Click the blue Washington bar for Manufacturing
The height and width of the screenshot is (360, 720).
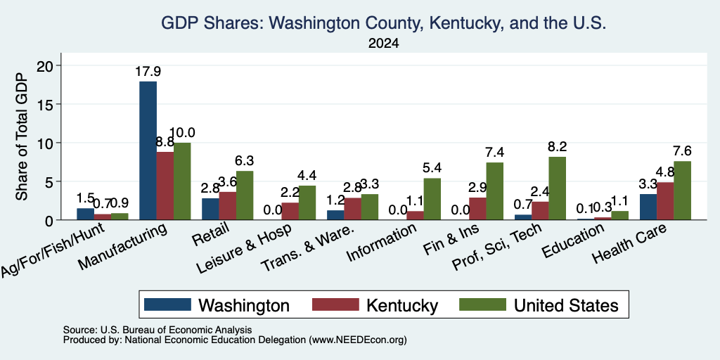[x=148, y=150]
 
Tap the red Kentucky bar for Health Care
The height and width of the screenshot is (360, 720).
[x=665, y=201]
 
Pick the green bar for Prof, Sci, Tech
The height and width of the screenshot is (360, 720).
[x=557, y=188]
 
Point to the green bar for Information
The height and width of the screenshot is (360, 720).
[x=432, y=199]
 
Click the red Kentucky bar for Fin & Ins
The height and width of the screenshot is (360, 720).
[x=477, y=208]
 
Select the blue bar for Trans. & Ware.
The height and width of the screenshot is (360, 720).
[x=335, y=215]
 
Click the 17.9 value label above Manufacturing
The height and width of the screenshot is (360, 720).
[x=148, y=72]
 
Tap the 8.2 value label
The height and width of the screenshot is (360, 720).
[x=557, y=146]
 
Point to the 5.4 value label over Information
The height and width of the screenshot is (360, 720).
[x=432, y=168]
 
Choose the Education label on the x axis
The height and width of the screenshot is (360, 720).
[x=572, y=240]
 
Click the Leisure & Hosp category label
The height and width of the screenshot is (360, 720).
[x=244, y=249]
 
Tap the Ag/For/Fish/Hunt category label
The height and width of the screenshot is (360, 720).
[x=52, y=250]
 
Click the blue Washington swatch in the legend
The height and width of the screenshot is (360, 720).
[x=167, y=304]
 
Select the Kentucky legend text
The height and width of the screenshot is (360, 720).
[x=402, y=305]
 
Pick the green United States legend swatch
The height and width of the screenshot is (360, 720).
[x=482, y=304]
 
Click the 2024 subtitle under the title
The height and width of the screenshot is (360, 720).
[x=383, y=44]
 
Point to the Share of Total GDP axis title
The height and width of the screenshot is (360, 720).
[x=22, y=136]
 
